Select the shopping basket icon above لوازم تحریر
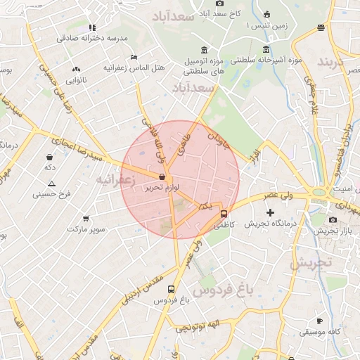point(162,177)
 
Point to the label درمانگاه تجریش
point(268,224)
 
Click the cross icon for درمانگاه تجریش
point(270,212)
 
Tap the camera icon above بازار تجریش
point(333,219)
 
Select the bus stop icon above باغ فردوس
point(171,289)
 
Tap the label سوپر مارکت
point(86,230)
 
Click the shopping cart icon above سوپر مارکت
point(86,219)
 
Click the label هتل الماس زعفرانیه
point(133,69)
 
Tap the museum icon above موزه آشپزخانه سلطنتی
point(265,49)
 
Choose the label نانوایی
point(75,80)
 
